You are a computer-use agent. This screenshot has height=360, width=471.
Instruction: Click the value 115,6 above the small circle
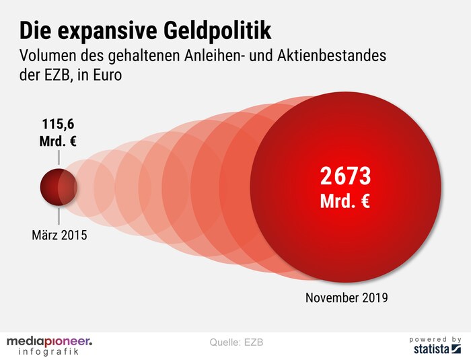pos(59,125)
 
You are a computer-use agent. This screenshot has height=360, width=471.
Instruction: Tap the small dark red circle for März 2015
pos(57,186)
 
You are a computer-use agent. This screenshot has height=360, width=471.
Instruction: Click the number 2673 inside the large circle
pos(345,176)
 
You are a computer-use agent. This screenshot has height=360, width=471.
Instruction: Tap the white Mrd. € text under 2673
pos(345,201)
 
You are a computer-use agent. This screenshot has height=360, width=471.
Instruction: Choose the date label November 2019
pos(347,297)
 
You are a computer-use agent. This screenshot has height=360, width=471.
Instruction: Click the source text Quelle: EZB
pos(235,342)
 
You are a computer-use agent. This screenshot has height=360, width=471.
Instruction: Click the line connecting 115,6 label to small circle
pos(59,157)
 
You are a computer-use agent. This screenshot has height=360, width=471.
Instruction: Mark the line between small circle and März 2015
pos(59,217)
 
